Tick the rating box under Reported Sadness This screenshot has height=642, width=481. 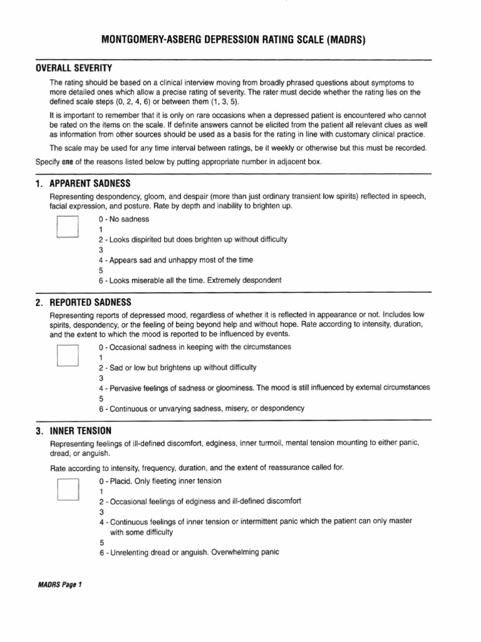pos(67,355)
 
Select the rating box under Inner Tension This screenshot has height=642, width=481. pos(67,489)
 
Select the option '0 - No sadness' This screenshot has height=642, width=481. pos(124,219)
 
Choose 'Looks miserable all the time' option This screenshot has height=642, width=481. pos(190,280)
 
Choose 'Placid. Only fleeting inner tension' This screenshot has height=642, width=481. pos(160,481)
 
